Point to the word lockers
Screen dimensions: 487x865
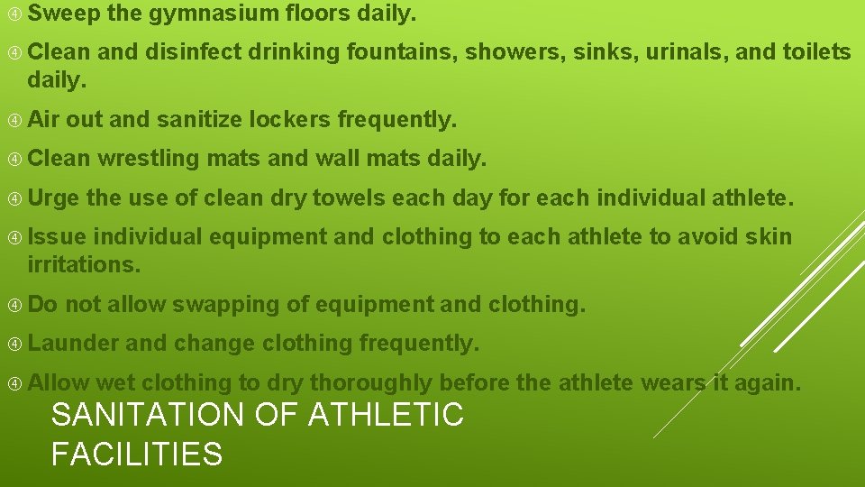[288, 119]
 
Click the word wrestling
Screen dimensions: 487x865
[149, 159]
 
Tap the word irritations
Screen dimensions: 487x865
[84, 264]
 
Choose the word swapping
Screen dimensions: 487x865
[225, 305]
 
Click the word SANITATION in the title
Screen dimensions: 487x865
[148, 415]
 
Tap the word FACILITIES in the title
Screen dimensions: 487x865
[137, 453]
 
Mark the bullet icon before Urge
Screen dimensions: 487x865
[14, 198]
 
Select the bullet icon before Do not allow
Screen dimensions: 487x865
[14, 305]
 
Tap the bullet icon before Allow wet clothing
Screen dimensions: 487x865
[14, 383]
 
